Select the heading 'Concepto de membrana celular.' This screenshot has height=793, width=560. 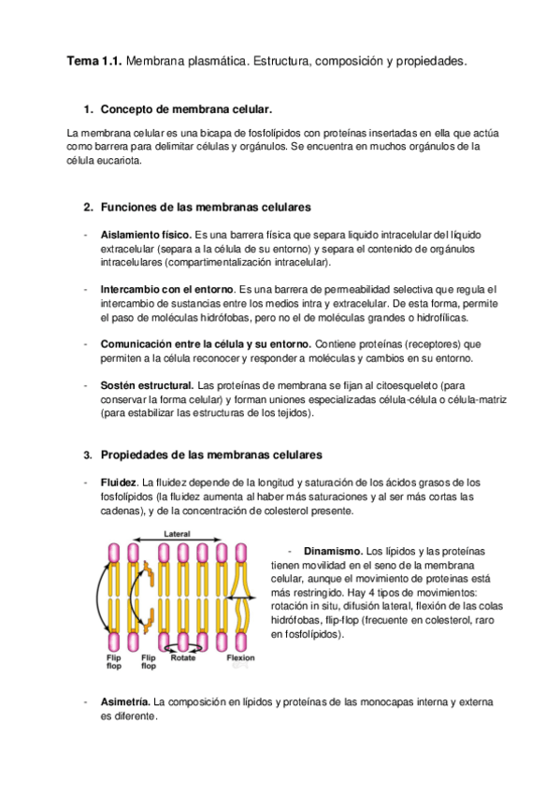[186, 108]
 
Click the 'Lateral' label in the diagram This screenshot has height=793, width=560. [178, 534]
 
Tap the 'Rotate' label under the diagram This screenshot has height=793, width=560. [183, 657]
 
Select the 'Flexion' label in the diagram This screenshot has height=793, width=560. [240, 657]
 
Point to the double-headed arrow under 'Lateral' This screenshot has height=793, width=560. [178, 541]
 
